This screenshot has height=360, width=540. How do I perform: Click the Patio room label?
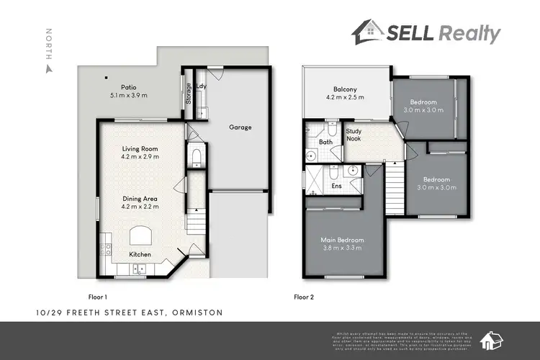(128, 86)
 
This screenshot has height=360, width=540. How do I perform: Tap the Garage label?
(240, 127)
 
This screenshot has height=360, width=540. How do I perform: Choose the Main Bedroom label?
(342, 240)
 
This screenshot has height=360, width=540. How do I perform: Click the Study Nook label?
(354, 134)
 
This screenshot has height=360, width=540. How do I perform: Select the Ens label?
(336, 186)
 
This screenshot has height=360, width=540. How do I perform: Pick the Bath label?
(326, 143)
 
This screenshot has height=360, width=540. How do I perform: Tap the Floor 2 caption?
(305, 296)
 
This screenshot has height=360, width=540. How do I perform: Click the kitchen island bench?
(140, 235)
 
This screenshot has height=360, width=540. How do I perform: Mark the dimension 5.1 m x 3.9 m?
(128, 95)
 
